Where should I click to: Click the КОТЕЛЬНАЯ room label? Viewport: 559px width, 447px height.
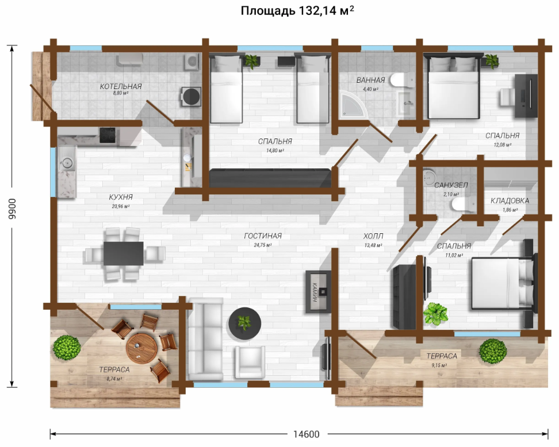pyautogui.click(x=121, y=86)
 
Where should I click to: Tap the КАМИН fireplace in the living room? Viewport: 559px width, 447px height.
pyautogui.click(x=319, y=292)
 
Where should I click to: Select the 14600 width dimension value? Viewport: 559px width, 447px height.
pyautogui.click(x=306, y=434)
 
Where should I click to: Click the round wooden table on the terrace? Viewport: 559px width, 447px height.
pyautogui.click(x=141, y=348)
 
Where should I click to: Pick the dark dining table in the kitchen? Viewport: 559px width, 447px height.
pyautogui.click(x=123, y=253)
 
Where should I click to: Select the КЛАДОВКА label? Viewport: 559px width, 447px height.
pyautogui.click(x=510, y=201)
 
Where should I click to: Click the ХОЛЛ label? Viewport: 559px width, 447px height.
pyautogui.click(x=373, y=236)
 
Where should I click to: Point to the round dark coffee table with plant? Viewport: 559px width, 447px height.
pyautogui.click(x=244, y=323)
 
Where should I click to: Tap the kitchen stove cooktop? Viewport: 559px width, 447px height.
pyautogui.click(x=108, y=136)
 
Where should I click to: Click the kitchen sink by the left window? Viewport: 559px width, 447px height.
pyautogui.click(x=67, y=164)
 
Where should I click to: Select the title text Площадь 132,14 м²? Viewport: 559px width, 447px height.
pyautogui.click(x=297, y=11)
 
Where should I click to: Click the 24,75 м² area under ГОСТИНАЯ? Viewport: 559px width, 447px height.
pyautogui.click(x=263, y=245)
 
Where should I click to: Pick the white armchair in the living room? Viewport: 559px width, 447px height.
pyautogui.click(x=250, y=362)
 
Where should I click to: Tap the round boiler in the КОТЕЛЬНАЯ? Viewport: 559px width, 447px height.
pyautogui.click(x=191, y=96)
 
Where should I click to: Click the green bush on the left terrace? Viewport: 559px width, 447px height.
pyautogui.click(x=67, y=348)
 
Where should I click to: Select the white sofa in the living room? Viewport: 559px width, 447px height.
pyautogui.click(x=206, y=339)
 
